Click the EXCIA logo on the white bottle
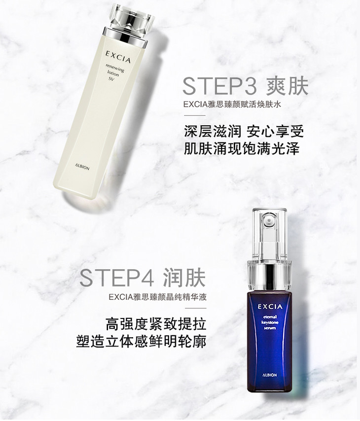[x=118, y=57]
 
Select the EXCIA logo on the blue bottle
[x=270, y=307]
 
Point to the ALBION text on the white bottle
[x=82, y=167]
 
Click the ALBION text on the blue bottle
[x=270, y=375]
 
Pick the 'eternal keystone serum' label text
[x=270, y=322]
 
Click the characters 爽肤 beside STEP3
[x=287, y=86]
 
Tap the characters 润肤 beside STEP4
[x=184, y=278]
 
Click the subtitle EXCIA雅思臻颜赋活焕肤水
[x=232, y=104]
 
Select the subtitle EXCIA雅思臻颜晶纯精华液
[x=158, y=297]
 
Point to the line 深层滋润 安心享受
[x=244, y=132]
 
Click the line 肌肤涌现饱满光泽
[x=242, y=148]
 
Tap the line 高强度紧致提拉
[x=156, y=324]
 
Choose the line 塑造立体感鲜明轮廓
[x=142, y=341]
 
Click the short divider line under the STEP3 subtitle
[x=195, y=116]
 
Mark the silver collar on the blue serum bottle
[x=269, y=274]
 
